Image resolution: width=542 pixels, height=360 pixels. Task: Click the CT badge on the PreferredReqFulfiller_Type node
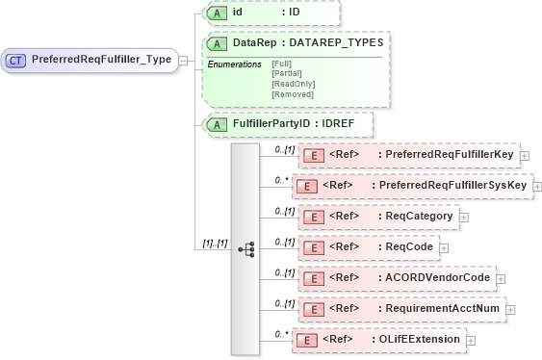[x=16, y=60]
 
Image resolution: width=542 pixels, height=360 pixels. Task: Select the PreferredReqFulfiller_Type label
[x=102, y=60]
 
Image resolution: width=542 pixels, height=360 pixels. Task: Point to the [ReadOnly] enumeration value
[x=293, y=84]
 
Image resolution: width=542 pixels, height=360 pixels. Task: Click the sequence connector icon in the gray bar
[x=246, y=248]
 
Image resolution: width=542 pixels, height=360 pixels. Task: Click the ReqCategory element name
[x=416, y=217]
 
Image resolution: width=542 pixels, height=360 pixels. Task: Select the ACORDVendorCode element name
[x=435, y=278]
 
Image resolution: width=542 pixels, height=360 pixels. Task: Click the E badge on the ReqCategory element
[x=312, y=217]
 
